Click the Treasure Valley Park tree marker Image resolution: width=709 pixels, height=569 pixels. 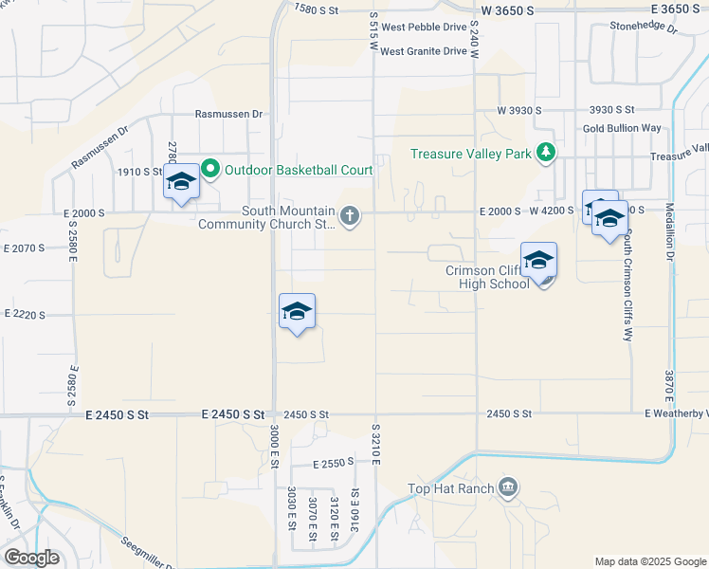(545, 153)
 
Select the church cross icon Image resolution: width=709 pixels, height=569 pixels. (350, 217)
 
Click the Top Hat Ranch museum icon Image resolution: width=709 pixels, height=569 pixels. (508, 488)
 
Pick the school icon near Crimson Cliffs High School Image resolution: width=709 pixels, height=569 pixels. (538, 261)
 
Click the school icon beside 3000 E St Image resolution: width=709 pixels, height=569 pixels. (297, 311)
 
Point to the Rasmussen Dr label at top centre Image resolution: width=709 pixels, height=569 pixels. (228, 114)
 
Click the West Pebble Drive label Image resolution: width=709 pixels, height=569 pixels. (425, 28)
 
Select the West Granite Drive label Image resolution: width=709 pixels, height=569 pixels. (424, 51)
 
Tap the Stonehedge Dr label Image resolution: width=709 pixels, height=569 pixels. (645, 28)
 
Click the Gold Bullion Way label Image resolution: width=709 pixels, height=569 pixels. (622, 128)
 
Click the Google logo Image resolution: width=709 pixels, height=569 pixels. (31, 558)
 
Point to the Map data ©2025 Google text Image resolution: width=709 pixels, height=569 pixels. (649, 561)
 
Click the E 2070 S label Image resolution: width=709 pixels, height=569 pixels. (25, 248)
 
